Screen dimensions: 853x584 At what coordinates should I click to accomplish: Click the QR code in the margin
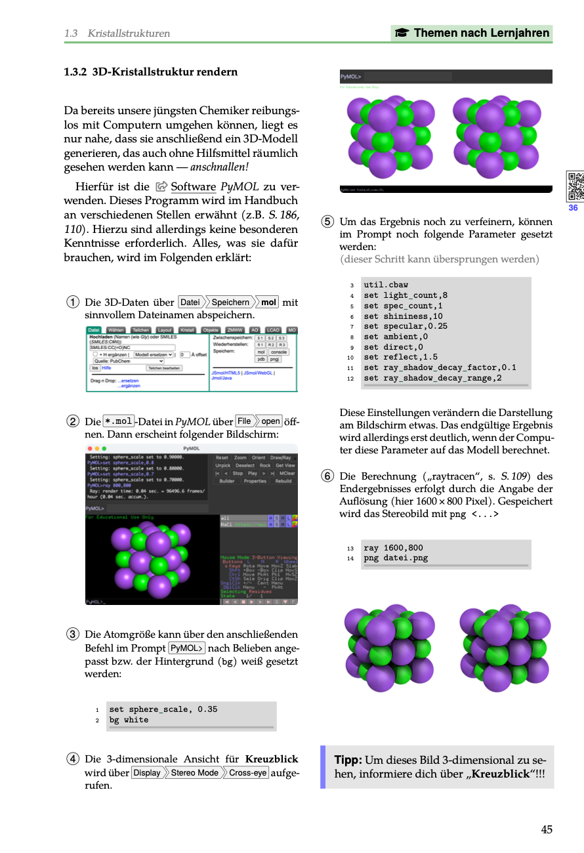575,186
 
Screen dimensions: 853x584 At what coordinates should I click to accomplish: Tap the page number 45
547,829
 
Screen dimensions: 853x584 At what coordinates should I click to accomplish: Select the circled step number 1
73,302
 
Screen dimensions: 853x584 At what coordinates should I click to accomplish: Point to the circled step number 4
73,760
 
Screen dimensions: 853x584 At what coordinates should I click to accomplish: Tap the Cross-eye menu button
248,773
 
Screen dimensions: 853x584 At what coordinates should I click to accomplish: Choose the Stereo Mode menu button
195,773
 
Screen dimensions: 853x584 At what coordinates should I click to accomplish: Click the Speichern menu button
230,302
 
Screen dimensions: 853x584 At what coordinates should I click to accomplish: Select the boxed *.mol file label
119,421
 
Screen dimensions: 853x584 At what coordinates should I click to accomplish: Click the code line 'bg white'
129,720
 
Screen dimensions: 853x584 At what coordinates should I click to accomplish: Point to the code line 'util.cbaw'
386,285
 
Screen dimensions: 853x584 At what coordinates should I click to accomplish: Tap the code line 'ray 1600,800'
393,548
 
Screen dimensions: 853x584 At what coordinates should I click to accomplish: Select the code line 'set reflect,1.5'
400,358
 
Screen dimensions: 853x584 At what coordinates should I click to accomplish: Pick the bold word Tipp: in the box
348,760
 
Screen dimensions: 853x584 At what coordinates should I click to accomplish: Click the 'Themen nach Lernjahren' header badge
472,33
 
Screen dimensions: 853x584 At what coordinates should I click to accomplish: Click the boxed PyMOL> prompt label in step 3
187,648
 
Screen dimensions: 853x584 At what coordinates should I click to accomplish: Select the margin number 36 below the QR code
573,208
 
